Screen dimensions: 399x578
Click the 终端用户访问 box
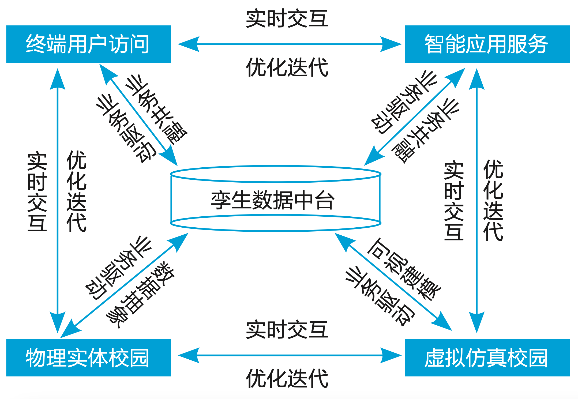(88, 44)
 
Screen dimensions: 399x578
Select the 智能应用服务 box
(487, 44)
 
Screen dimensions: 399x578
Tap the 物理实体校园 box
(88, 357)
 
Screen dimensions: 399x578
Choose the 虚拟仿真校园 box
(487, 357)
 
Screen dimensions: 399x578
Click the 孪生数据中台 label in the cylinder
(273, 200)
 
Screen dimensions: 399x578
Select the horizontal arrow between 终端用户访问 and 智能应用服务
(289, 44)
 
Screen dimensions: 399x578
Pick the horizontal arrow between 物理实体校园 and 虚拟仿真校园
(289, 355)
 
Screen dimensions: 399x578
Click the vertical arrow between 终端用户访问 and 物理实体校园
(58, 201)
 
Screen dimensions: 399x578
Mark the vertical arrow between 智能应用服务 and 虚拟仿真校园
(476, 201)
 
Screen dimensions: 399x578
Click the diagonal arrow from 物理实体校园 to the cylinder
(125, 285)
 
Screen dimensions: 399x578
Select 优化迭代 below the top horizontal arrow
(287, 67)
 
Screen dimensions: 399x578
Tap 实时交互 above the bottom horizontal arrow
(287, 329)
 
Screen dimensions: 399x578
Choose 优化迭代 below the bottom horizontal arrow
(287, 378)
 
